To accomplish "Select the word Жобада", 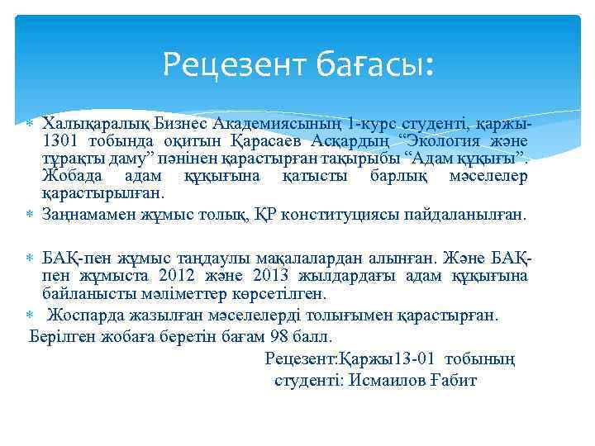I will (69, 176).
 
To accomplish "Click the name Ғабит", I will (456, 380).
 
